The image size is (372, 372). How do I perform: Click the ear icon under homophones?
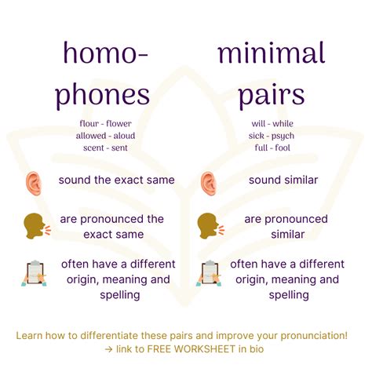coord(34,184)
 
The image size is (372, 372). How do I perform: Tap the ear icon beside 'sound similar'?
coord(209,184)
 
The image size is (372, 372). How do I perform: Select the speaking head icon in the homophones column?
coord(37,226)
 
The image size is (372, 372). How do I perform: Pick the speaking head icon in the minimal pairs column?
coord(210,226)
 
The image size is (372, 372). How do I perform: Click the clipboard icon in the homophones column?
coord(34,273)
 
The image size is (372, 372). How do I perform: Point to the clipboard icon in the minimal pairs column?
coord(209,273)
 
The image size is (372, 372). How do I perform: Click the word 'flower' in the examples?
coord(119,123)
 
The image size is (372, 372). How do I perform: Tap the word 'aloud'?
coord(124,136)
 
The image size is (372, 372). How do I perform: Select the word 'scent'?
coord(93,148)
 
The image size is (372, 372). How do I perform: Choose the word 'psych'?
coord(283,136)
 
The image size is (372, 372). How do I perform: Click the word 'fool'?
coord(283,148)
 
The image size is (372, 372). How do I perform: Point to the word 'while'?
coord(283,123)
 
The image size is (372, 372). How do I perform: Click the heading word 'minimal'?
coord(272,53)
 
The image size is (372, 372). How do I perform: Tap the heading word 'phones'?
coord(102,95)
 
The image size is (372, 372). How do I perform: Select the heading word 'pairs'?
coord(272,96)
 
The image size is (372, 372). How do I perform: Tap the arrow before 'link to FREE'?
coord(108,349)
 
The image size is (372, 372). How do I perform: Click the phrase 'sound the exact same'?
coord(116,180)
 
